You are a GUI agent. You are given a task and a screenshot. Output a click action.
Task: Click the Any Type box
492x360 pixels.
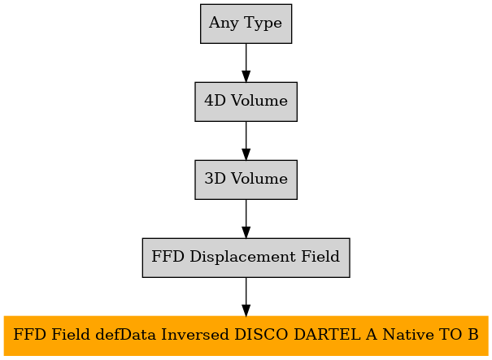click(246, 24)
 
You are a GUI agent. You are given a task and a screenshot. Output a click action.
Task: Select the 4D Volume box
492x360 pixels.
click(246, 102)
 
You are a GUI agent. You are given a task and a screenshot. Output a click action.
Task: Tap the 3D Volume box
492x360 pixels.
click(246, 180)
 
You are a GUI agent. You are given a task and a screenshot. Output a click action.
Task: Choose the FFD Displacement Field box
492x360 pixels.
click(246, 258)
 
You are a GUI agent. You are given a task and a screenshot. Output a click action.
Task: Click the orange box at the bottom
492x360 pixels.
click(246, 336)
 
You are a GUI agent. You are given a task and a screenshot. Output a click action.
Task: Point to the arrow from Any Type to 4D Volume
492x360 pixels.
click(246, 63)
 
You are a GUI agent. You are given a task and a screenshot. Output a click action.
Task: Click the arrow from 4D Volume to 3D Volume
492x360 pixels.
click(246, 141)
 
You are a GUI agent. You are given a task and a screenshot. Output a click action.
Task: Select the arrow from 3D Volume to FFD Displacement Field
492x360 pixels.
click(246, 219)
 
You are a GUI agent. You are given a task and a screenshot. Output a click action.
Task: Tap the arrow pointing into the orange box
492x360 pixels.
click(246, 297)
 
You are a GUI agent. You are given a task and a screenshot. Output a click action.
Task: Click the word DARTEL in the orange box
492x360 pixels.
click(327, 335)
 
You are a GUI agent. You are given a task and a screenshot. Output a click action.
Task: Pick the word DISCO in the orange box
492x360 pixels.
click(261, 335)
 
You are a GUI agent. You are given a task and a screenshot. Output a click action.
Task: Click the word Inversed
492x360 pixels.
click(195, 335)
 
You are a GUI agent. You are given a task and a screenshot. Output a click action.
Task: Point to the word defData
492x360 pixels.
click(125, 335)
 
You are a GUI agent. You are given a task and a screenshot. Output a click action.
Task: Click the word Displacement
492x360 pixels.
click(242, 258)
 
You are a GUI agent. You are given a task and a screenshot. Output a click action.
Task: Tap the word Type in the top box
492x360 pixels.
click(263, 24)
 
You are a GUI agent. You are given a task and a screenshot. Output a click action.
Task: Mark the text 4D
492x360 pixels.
click(216, 101)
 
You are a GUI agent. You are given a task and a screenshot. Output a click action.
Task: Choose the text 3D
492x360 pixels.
click(216, 179)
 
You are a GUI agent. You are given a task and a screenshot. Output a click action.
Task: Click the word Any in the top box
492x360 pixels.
click(224, 24)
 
